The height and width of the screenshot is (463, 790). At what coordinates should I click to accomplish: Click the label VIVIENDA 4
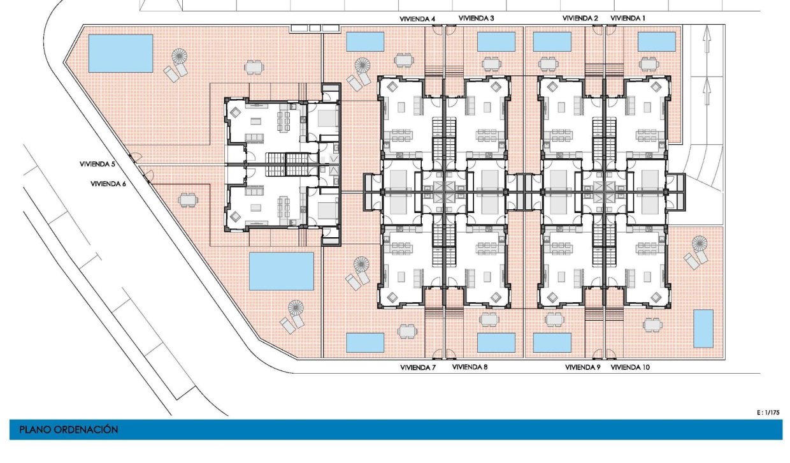[x=417, y=18]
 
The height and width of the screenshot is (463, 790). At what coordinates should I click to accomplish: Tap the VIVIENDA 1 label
[x=628, y=18]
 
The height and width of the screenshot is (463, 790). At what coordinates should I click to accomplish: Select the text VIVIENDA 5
[x=97, y=164]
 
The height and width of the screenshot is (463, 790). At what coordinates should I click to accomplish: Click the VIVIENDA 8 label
[x=470, y=367]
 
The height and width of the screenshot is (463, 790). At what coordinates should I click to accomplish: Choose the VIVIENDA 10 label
[x=630, y=367]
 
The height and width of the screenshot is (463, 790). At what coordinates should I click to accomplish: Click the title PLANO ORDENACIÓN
[x=69, y=430]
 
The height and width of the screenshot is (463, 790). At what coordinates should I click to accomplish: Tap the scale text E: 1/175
[x=768, y=413]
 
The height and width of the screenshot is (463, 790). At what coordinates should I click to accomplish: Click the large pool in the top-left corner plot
[x=120, y=54]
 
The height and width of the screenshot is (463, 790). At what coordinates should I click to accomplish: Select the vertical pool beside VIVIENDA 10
[x=703, y=328]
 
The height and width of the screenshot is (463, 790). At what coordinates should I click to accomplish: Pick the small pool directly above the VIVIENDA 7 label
[x=365, y=342]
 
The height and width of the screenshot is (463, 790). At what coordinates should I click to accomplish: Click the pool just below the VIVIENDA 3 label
[x=496, y=41]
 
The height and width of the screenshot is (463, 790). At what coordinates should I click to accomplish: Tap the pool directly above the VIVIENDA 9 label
[x=552, y=342]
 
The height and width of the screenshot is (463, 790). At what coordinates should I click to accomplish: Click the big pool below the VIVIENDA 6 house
[x=281, y=271]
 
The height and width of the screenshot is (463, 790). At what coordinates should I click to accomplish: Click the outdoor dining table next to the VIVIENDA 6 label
[x=187, y=200]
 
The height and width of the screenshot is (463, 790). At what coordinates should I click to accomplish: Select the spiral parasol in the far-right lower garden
[x=700, y=244]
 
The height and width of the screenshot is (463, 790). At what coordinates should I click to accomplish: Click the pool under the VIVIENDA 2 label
[x=552, y=41]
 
